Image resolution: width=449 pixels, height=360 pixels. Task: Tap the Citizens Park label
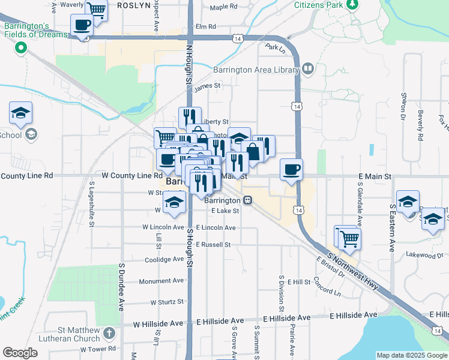[319, 5]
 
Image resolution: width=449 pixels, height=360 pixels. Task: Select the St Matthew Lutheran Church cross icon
[109, 332]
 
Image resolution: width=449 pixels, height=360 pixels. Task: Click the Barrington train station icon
[247, 200]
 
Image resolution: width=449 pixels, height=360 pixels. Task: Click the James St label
[208, 86]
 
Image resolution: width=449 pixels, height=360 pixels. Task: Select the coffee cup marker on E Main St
[291, 169]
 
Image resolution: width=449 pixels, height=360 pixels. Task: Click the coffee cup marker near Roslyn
[82, 25]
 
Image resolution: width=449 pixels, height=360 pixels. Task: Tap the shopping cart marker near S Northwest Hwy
[349, 238]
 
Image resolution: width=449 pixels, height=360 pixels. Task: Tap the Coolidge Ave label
[164, 260]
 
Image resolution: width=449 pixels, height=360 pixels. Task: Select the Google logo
[20, 353]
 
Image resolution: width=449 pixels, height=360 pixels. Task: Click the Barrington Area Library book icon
[307, 70]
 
